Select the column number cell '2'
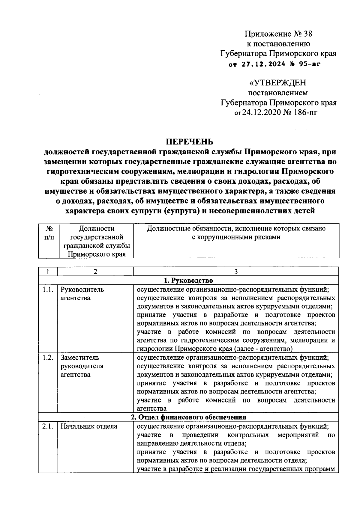(x=95, y=272)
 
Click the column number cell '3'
(x=236, y=272)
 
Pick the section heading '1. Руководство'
(x=188, y=281)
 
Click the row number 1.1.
(x=47, y=290)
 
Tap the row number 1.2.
(x=47, y=358)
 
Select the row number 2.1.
(x=47, y=426)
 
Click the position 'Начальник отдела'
(x=89, y=426)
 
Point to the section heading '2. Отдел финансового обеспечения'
(x=188, y=417)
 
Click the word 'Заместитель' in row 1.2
(x=80, y=358)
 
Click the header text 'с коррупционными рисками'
(x=236, y=237)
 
